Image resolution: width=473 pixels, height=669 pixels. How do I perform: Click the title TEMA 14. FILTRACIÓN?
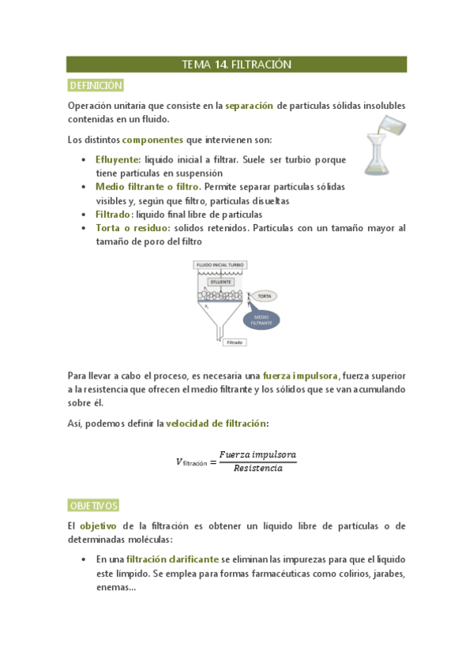coord(236,65)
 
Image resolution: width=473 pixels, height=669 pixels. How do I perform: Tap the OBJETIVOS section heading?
coord(93,505)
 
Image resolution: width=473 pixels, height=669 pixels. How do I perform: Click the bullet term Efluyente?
coord(118,159)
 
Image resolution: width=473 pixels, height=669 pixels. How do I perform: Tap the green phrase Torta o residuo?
coord(133,228)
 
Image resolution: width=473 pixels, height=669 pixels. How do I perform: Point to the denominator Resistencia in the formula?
coord(257,469)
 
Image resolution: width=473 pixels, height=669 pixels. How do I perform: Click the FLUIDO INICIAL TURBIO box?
coord(220,266)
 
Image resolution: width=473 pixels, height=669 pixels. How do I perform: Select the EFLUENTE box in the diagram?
coord(220,282)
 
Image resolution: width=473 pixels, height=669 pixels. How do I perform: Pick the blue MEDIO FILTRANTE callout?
coord(263,320)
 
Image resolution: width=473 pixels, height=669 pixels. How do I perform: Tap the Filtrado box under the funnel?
coord(235,343)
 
